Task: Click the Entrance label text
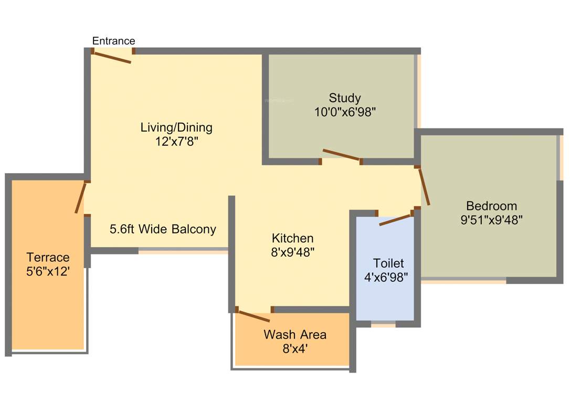[113, 41]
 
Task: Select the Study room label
[345, 98]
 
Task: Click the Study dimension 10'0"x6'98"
[345, 112]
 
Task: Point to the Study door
[341, 154]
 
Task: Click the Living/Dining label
[176, 127]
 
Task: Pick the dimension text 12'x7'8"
[176, 141]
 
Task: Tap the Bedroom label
[491, 206]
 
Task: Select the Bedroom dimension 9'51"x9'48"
[491, 220]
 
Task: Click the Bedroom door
[424, 186]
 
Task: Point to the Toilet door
[395, 220]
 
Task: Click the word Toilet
[388, 263]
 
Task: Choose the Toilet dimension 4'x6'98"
[386, 277]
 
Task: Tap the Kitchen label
[292, 238]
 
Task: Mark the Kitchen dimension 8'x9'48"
[292, 252]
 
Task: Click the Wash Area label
[295, 334]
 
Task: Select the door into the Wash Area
[254, 316]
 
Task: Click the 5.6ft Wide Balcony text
[163, 229]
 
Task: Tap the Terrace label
[48, 258]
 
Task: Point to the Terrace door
[80, 197]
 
